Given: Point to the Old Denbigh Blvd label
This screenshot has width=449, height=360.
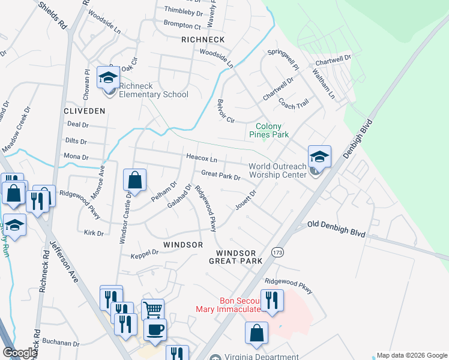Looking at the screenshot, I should pos(336,227).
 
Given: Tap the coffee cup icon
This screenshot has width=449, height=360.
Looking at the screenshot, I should pos(155,331).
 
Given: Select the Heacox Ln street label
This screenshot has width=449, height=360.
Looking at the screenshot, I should pos(201,159).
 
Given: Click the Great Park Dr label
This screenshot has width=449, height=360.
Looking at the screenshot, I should pos(220,176).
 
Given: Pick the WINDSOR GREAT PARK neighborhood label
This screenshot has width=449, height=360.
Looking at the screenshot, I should pos(236,257).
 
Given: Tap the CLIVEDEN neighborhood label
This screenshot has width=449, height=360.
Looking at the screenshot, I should pos(85,111).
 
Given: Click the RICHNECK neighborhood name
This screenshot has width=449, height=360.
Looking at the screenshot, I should pos(203,40).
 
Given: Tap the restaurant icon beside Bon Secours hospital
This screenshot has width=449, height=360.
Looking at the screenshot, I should pos(273,301).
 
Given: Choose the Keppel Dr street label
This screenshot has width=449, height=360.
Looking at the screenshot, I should pos(145,253).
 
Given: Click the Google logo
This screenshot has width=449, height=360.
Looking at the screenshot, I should pos(20,353).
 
